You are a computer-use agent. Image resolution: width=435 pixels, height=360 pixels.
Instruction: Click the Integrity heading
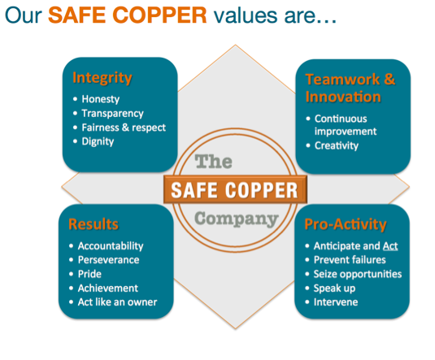pyautogui.click(x=102, y=78)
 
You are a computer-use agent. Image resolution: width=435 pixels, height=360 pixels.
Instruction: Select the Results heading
pyautogui.click(x=94, y=224)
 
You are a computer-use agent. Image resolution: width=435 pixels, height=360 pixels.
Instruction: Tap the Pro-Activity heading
pyautogui.click(x=346, y=224)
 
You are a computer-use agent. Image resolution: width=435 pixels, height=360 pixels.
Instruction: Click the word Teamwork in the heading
pyautogui.click(x=342, y=80)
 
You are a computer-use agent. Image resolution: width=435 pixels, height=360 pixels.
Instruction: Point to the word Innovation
pyautogui.click(x=343, y=97)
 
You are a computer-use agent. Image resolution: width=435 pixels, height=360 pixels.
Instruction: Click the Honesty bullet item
pyautogui.click(x=101, y=99)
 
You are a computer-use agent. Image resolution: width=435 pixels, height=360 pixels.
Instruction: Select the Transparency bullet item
pyautogui.click(x=112, y=114)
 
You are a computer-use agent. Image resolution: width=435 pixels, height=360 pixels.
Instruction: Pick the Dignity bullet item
pyautogui.click(x=98, y=141)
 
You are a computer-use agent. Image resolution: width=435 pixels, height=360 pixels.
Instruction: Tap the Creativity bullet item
pyautogui.click(x=337, y=145)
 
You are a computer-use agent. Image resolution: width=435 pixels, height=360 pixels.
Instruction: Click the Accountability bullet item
pyautogui.click(x=111, y=246)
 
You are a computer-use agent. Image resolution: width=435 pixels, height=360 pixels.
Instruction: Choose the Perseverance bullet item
pyautogui.click(x=108, y=260)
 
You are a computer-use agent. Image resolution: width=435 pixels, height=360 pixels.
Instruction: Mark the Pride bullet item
pyautogui.click(x=89, y=274)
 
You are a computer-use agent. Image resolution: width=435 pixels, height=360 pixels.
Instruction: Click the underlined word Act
pyautogui.click(x=390, y=246)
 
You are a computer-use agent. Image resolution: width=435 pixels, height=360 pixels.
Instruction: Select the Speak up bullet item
pyautogui.click(x=334, y=288)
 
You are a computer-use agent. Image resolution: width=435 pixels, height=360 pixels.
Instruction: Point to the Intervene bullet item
pyautogui.click(x=336, y=302)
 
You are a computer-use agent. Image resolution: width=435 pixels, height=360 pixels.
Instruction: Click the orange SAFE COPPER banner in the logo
pyautogui.click(x=235, y=189)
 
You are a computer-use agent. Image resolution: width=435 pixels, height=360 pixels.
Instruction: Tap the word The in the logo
pyautogui.click(x=213, y=162)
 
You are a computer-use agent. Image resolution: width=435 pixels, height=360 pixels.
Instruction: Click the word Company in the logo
pyautogui.click(x=237, y=219)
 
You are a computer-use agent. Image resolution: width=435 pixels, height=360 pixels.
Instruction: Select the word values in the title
pyautogui.click(x=246, y=15)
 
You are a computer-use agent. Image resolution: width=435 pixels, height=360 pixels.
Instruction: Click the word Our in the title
pyautogui.click(x=24, y=15)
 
